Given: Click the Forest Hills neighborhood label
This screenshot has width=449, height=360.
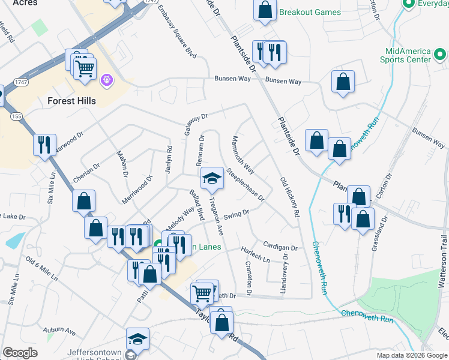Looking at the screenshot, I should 71,101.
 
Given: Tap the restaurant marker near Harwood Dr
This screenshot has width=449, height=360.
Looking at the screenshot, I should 44,145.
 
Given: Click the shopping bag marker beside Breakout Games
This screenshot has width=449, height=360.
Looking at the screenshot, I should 264,10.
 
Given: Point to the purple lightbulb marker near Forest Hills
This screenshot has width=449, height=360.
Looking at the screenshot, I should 107,79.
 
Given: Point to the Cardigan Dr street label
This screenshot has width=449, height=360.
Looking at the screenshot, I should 280,247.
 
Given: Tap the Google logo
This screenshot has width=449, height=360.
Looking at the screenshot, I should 20,353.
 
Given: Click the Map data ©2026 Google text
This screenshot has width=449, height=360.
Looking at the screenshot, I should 411,355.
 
